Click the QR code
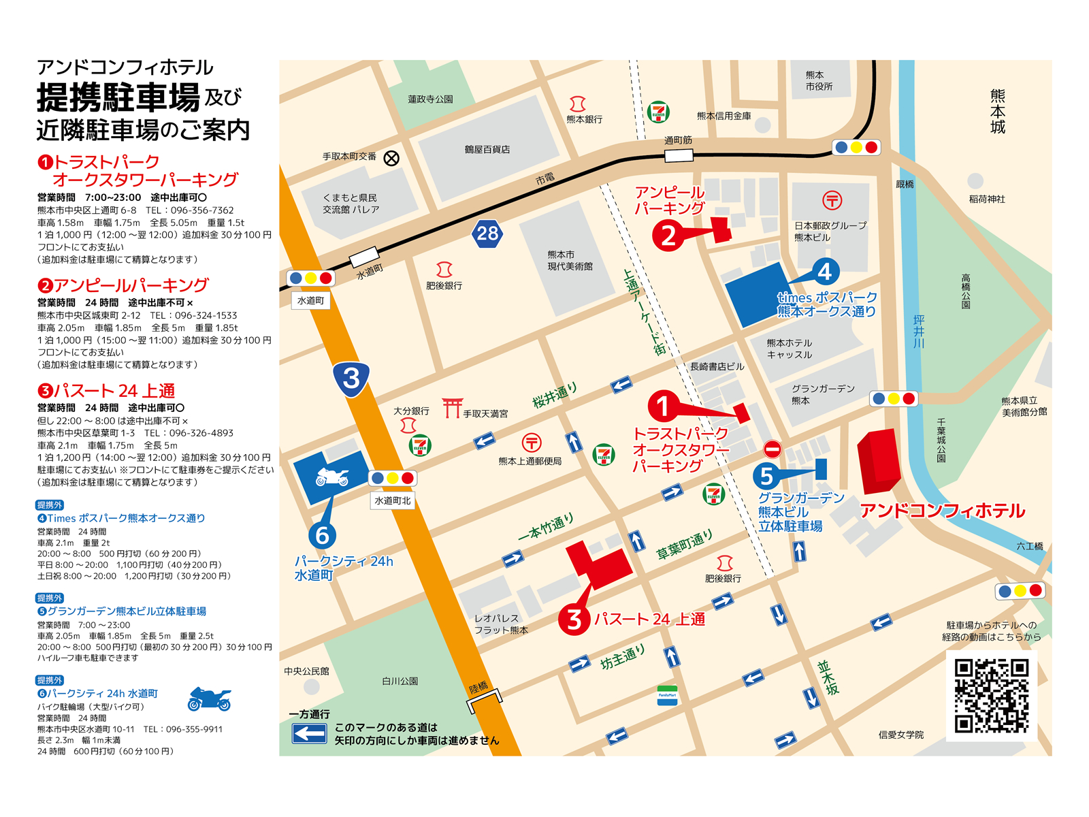[x=991, y=695]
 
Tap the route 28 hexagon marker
[x=487, y=234]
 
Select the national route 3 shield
[x=351, y=378]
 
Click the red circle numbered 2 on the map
[x=668, y=236]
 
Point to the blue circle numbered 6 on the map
[x=323, y=536]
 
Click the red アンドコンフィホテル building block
[x=879, y=460]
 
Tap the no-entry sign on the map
[x=772, y=449]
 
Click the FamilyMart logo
[x=667, y=695]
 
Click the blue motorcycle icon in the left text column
[x=210, y=699]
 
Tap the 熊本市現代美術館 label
[x=570, y=260]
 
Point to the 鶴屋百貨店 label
[x=487, y=149]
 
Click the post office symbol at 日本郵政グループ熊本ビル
[x=832, y=200]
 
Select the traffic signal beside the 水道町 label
[x=310, y=278]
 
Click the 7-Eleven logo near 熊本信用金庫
[x=658, y=112]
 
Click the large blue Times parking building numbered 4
[x=756, y=294]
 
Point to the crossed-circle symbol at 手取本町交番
[x=391, y=158]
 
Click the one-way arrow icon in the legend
[x=310, y=733]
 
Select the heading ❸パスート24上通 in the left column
[x=107, y=391]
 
